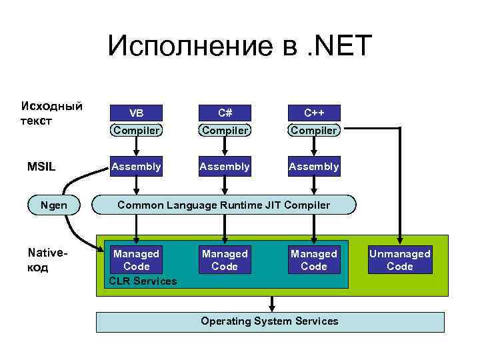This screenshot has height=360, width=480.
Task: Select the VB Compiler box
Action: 136,121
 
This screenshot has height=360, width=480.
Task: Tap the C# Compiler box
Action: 225,121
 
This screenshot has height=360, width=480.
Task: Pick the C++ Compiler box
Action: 314,121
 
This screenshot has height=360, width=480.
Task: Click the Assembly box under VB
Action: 136,167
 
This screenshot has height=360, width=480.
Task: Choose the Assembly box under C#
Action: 225,167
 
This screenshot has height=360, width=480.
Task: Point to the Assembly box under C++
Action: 314,167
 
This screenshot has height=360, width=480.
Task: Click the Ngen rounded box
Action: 53,205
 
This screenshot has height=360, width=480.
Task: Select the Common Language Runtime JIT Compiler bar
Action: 224,205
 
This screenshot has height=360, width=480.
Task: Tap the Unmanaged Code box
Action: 400,260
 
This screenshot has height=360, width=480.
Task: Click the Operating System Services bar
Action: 270,321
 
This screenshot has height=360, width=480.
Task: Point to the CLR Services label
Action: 143,281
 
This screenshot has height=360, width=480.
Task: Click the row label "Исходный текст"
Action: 52,113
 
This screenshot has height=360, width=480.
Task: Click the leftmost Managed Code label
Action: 136,260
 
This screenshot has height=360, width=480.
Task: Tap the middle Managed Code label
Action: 225,260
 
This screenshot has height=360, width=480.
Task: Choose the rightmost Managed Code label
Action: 314,260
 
